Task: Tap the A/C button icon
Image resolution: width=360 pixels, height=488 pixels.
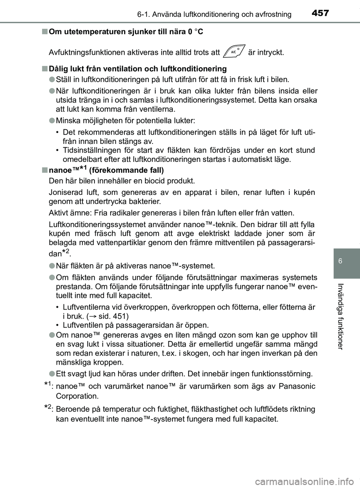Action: pos(234,52)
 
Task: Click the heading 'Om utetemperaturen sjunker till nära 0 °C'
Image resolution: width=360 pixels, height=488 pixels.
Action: pos(126,32)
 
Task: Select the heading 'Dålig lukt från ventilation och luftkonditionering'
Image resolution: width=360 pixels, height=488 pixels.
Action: pos(138,69)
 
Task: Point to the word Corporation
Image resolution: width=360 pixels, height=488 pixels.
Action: pos(77,396)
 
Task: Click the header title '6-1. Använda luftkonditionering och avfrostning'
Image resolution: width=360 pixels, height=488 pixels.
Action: pos(214,15)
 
